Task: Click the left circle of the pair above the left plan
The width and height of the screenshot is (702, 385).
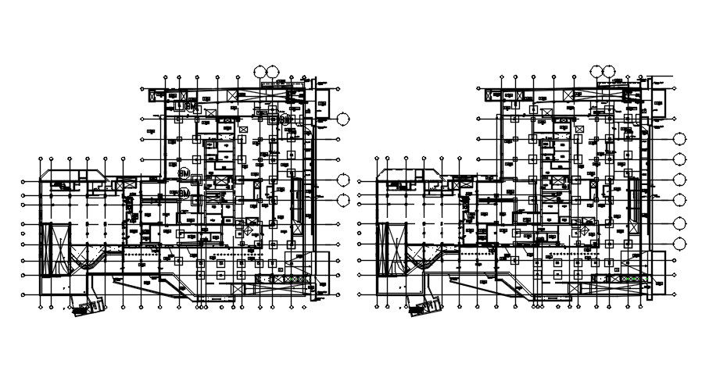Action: (260, 72)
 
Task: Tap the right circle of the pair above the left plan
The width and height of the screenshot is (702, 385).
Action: (272, 72)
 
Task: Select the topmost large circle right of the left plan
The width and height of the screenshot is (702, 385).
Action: (344, 119)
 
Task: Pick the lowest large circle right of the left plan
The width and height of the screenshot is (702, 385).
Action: (344, 199)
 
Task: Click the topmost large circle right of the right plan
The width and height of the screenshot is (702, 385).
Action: (679, 140)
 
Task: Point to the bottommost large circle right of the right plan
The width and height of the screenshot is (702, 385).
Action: (679, 221)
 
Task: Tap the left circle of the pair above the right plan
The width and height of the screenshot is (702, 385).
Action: (597, 72)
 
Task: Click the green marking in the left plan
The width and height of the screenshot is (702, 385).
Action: (293, 279)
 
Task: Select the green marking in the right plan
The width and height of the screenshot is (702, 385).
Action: (629, 279)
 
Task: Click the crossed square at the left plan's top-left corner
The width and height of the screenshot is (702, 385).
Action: (154, 95)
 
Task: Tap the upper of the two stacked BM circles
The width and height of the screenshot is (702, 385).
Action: (184, 173)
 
